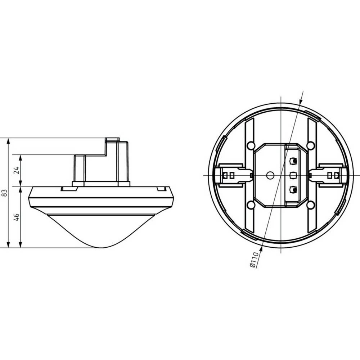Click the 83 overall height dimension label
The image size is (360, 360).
[5, 193]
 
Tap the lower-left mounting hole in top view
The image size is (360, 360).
[250, 205]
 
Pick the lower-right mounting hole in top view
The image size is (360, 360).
[310, 205]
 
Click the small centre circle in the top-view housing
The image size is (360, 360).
[269, 175]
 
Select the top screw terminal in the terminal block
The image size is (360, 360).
[293, 161]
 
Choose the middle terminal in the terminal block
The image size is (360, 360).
[293, 175]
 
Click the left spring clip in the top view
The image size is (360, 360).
[230, 175]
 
